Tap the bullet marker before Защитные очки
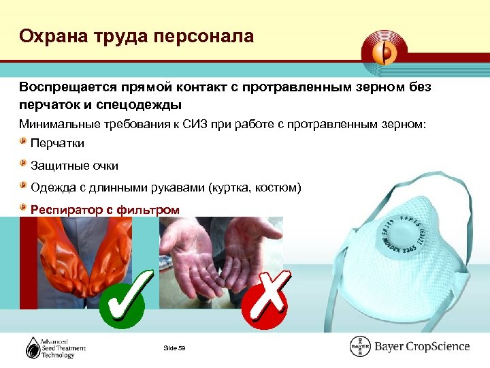24,165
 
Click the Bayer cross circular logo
360,347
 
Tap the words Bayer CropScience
422,347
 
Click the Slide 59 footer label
175,349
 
